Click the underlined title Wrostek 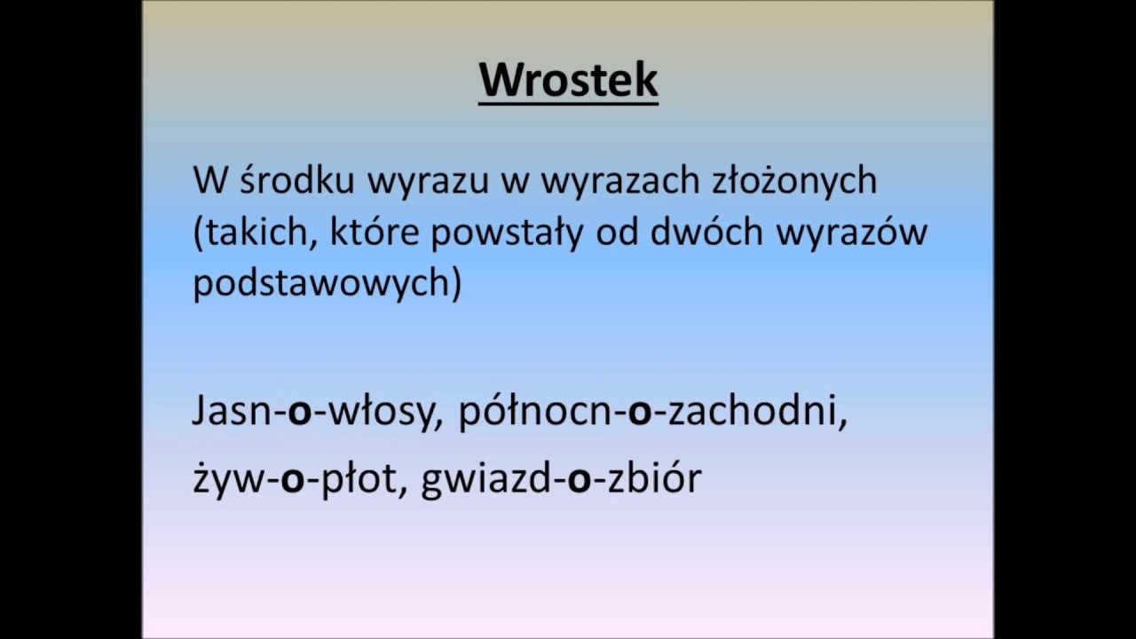click(568, 80)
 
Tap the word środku click(297, 180)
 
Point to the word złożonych click(795, 180)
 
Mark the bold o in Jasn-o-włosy click(300, 414)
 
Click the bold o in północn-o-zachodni click(640, 414)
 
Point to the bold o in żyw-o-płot click(293, 479)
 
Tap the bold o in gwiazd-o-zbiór click(579, 479)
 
